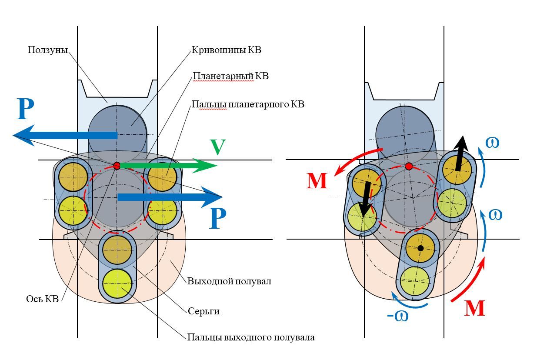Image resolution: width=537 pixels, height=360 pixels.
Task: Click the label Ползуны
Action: (48, 50)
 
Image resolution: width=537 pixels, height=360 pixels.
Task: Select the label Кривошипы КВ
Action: (226, 50)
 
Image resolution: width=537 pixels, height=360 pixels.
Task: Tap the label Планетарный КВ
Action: (230, 76)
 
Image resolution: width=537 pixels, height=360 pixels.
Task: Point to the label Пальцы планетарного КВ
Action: (248, 104)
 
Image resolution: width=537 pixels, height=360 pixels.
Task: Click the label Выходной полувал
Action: (229, 281)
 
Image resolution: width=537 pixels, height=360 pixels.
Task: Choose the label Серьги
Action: (203, 311)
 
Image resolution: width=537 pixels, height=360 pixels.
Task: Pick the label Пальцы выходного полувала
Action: (251, 337)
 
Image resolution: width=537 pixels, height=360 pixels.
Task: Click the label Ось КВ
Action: (43, 299)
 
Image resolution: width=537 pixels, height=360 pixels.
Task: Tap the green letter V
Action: (218, 147)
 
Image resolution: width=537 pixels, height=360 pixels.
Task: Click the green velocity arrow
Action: (168, 165)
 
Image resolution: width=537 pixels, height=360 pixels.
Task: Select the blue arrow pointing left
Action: (65, 135)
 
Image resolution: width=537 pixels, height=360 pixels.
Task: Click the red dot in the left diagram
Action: (117, 165)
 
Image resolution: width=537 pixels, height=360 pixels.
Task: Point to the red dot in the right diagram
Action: (409, 166)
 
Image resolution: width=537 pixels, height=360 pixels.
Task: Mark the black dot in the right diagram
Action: (420, 248)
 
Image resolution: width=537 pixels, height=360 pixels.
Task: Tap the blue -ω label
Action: (398, 316)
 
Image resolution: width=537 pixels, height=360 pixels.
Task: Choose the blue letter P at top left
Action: (25, 109)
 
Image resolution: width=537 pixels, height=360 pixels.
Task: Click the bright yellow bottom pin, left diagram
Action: (117, 283)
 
